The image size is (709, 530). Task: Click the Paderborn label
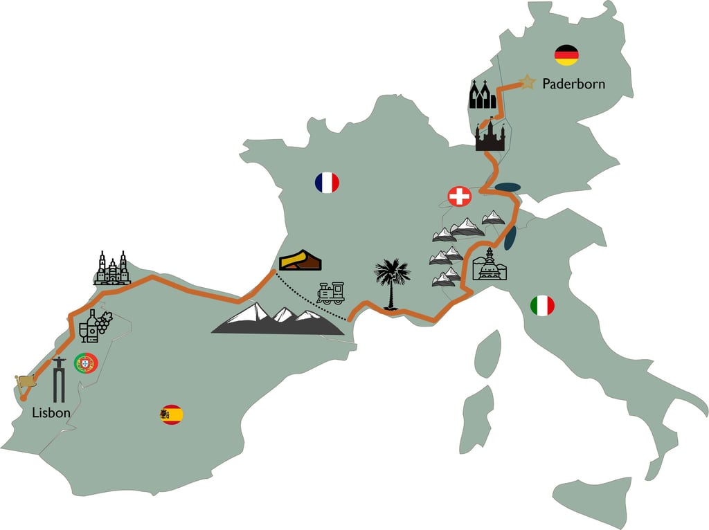[573, 84]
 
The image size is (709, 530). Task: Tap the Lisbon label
[51, 412]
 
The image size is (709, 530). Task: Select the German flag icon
[566, 55]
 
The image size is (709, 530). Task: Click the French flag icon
[327, 183]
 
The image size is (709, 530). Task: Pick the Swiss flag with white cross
[459, 197]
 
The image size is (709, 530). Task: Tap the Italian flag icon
[542, 305]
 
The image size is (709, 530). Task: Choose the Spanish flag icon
[172, 414]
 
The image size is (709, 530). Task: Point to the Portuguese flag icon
[86, 363]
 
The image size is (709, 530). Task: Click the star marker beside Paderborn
[528, 82]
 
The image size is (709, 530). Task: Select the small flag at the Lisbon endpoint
[25, 381]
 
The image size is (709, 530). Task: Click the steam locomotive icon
[331, 293]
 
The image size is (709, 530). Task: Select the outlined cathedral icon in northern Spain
[111, 268]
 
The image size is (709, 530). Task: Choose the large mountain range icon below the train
[277, 319]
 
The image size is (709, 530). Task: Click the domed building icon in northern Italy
[490, 264]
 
